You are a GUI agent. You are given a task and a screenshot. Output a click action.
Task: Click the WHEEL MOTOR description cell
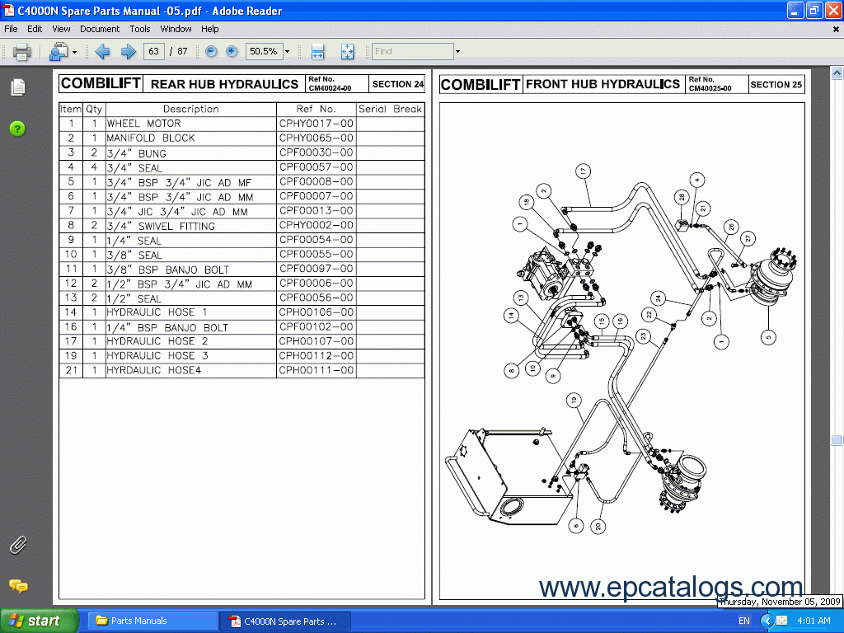pos(144,124)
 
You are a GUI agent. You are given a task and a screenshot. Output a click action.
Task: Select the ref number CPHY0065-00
pos(316,138)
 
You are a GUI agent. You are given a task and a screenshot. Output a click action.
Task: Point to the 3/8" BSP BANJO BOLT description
pos(168,270)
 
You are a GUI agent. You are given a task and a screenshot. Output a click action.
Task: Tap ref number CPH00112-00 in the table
pos(316,356)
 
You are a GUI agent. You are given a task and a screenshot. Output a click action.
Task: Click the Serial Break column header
pos(390,109)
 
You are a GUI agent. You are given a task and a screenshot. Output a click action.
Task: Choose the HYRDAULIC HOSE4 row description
pos(154,371)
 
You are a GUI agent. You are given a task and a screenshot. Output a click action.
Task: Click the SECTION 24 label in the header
pos(397,84)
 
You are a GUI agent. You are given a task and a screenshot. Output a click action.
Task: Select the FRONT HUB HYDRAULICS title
pos(603,84)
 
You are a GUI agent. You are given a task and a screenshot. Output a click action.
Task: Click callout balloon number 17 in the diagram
pos(583,171)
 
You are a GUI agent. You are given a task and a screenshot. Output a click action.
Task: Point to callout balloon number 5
pos(769,335)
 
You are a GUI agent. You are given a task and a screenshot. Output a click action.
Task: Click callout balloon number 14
pos(511,315)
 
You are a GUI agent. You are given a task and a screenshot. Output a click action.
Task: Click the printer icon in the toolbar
pos(21,52)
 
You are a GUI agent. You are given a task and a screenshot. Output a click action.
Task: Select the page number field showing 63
pos(153,51)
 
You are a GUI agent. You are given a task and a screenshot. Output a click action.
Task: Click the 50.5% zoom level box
pos(264,51)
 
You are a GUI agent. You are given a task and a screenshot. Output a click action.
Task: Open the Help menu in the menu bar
pos(210,29)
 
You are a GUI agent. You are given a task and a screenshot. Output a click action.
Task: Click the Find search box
pos(412,51)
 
